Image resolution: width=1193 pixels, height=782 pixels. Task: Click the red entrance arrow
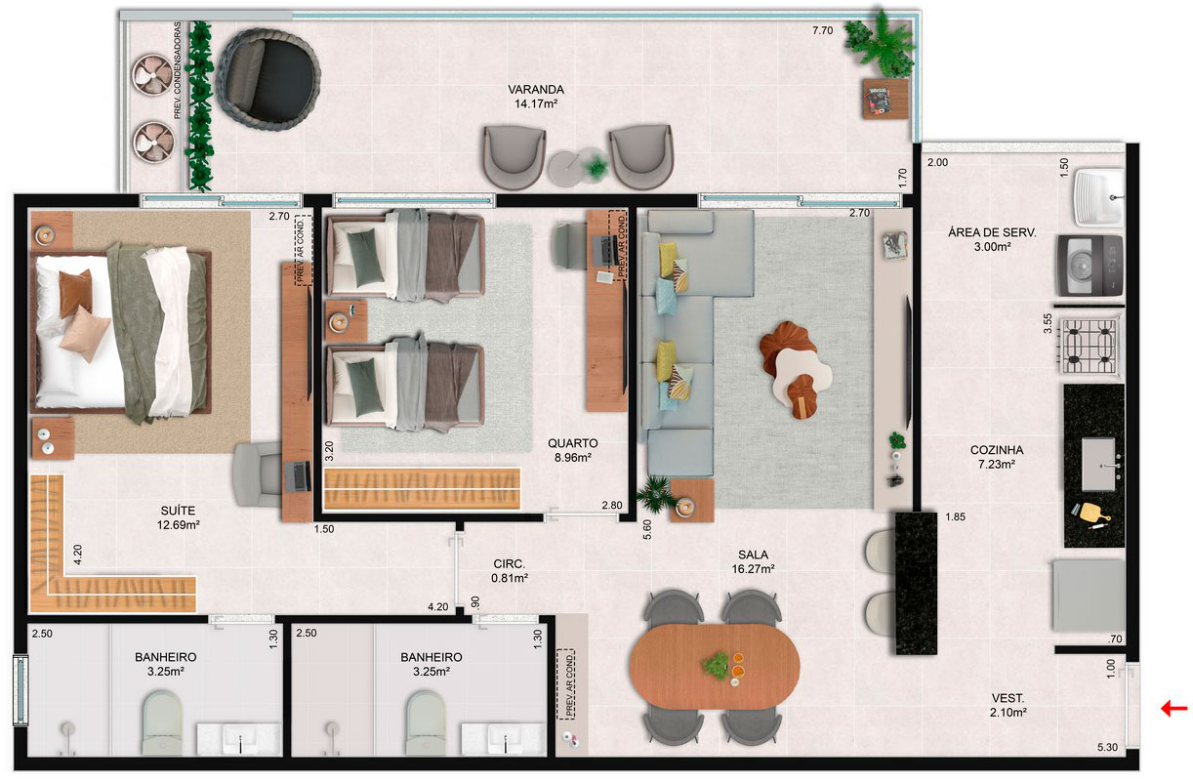[1173, 709]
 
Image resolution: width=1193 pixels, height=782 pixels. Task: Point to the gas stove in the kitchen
[1089, 345]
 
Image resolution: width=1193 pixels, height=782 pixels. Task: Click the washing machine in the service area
[1089, 265]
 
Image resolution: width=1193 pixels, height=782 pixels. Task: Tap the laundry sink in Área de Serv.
[1098, 196]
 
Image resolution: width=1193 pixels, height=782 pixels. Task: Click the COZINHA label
[996, 450]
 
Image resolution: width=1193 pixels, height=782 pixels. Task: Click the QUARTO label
[572, 443]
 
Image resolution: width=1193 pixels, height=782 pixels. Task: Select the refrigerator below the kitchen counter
[1088, 595]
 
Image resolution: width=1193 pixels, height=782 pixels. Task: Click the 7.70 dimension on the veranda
[823, 31]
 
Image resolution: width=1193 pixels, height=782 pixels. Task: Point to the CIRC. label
[509, 563]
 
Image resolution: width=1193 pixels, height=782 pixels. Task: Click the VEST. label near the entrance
[1007, 698]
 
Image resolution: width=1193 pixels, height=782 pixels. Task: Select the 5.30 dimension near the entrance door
[1106, 748]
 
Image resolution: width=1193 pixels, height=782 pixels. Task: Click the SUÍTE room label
[179, 510]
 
